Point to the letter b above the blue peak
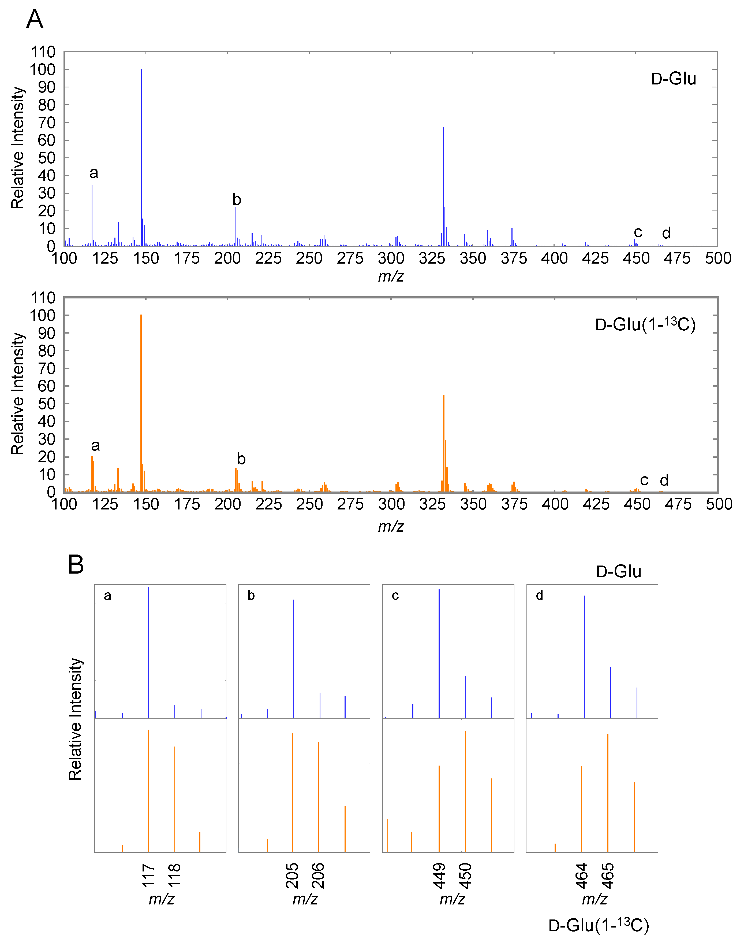pos(237,200)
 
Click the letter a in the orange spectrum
pos(95,445)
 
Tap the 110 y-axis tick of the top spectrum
pos(43,52)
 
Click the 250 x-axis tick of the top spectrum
pos(309,258)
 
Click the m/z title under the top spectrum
pos(391,276)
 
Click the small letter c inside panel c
pos(395,596)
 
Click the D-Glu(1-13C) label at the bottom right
pos(598,925)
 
